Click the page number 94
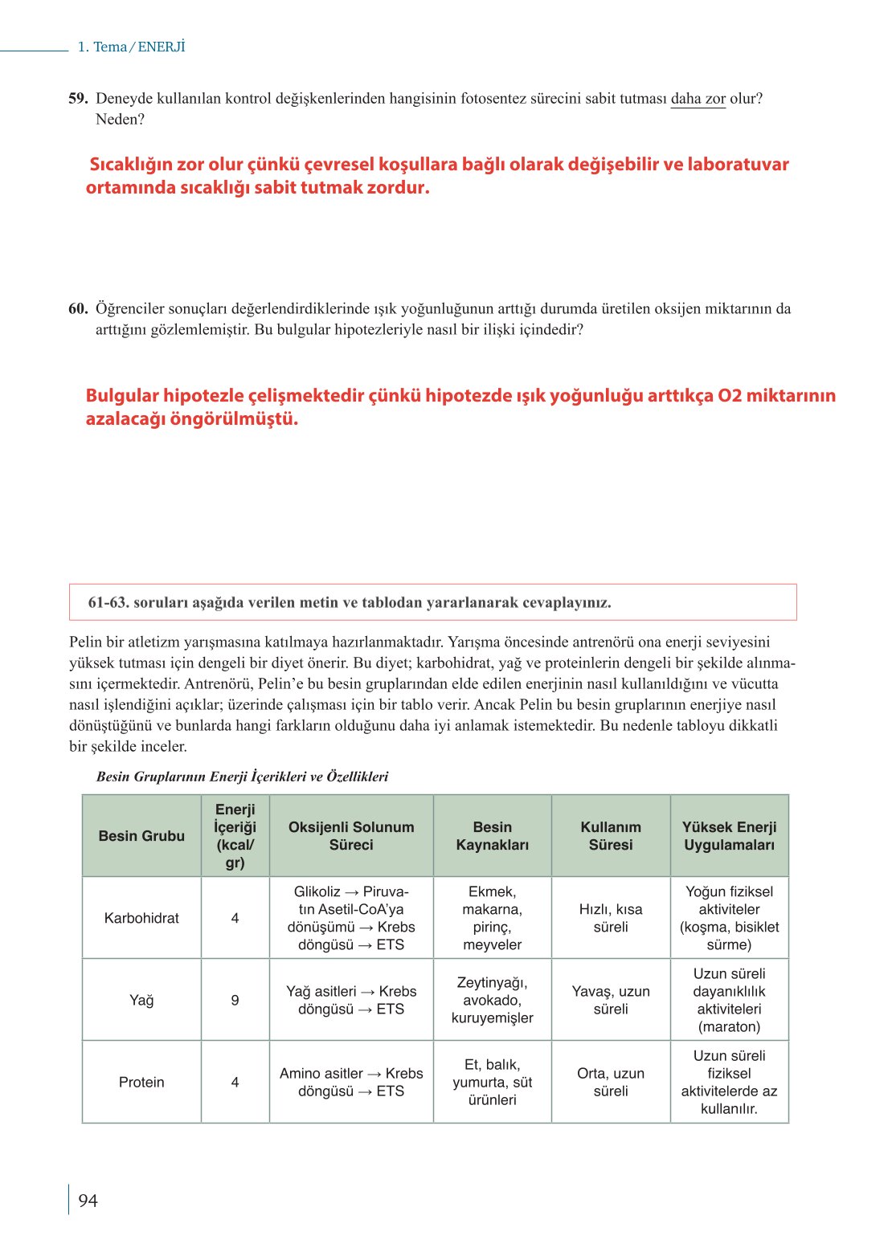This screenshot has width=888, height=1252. (88, 1201)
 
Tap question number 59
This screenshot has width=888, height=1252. (78, 99)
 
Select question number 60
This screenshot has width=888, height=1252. (78, 308)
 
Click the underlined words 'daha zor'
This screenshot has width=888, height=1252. (698, 99)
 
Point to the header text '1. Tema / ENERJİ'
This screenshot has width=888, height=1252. (131, 47)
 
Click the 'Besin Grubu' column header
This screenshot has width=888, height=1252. (141, 836)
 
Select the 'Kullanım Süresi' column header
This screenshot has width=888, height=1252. (611, 836)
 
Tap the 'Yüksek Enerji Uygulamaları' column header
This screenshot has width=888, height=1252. (729, 836)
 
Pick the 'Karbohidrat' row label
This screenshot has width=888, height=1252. (141, 918)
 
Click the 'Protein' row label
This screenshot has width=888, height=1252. (141, 1082)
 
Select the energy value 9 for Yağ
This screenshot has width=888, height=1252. (235, 1000)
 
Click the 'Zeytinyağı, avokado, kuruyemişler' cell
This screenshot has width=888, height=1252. (492, 1000)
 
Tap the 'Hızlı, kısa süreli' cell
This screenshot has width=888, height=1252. (611, 918)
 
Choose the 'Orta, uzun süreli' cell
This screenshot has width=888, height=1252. (611, 1082)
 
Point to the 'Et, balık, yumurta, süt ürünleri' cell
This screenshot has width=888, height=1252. (492, 1082)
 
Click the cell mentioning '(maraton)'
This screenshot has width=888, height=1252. (729, 1001)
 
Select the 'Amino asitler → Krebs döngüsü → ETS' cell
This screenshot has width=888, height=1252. (351, 1082)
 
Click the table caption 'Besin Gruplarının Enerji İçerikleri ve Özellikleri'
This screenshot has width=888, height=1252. (242, 777)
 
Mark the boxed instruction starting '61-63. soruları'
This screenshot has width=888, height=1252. (350, 602)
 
